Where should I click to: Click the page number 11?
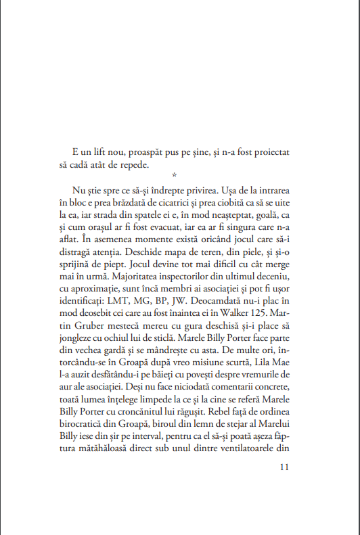pos(284,467)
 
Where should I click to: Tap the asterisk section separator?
pos(174,175)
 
